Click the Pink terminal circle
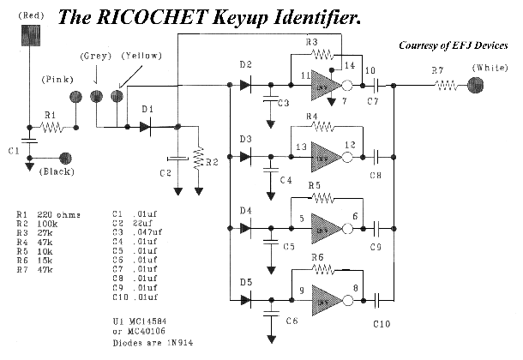point(76,97)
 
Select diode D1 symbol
point(147,127)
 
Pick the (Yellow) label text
point(138,57)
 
